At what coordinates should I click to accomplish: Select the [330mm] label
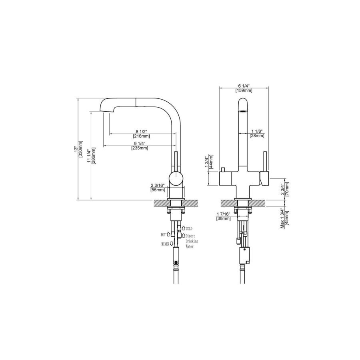pyautogui.click(x=80, y=149)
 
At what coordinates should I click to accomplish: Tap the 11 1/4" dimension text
pyautogui.click(x=89, y=156)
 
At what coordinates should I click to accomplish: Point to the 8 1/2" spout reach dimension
pyautogui.click(x=141, y=132)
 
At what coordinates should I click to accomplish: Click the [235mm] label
pyautogui.click(x=140, y=148)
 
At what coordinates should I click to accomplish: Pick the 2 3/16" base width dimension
pyautogui.click(x=158, y=186)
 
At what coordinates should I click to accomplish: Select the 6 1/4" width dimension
pyautogui.click(x=243, y=86)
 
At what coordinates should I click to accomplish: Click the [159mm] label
pyautogui.click(x=244, y=90)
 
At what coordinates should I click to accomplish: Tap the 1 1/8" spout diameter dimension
pyautogui.click(x=257, y=131)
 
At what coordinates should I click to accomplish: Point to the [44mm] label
pyautogui.click(x=211, y=162)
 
